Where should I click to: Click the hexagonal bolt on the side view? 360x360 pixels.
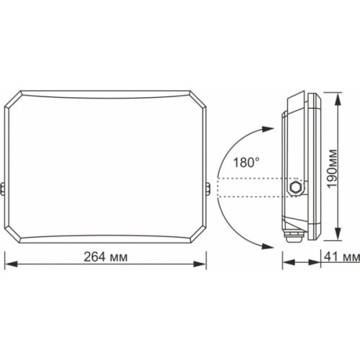pos(294,186)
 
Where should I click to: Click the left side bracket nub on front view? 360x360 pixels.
pos(4,189)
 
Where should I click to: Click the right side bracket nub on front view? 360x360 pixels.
pos(211,189)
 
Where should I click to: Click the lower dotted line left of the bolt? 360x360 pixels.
pos(252,196)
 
